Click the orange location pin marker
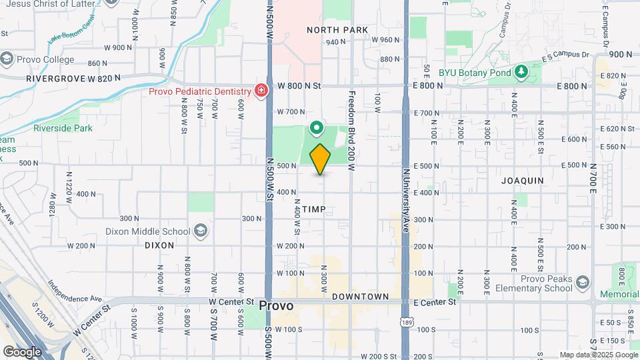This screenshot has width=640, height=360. point(321,159)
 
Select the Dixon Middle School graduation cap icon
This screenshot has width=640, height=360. point(200,231)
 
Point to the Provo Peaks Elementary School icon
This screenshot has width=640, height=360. point(583,283)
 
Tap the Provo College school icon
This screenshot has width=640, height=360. point(7,59)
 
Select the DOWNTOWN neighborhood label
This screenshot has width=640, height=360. point(360,296)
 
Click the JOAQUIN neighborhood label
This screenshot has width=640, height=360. point(523,181)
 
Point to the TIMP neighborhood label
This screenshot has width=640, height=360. point(314,209)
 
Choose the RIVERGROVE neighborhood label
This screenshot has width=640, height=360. point(56,78)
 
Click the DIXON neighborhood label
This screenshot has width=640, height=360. point(159,245)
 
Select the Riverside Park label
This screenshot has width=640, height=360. point(63,128)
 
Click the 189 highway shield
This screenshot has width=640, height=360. point(406,323)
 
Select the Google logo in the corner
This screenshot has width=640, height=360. point(22,351)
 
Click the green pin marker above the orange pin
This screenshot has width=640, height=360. point(317,127)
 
